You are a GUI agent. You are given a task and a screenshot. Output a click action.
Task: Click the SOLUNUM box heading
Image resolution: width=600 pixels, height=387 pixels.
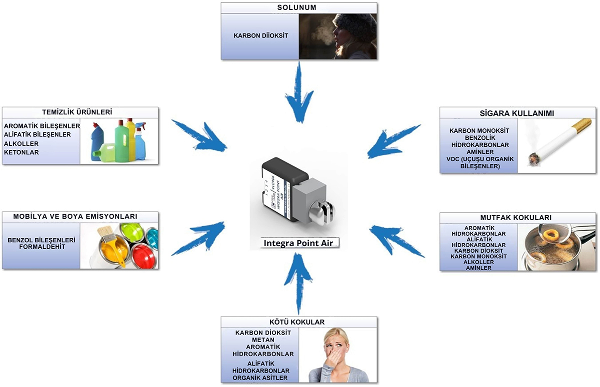(x=298, y=8)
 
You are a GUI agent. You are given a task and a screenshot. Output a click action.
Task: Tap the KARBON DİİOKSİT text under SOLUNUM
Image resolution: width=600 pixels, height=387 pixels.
(x=260, y=36)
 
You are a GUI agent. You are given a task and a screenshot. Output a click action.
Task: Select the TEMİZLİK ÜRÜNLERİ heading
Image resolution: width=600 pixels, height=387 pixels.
(x=80, y=112)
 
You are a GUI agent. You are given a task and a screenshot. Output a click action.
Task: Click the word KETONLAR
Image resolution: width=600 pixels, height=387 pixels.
(x=21, y=152)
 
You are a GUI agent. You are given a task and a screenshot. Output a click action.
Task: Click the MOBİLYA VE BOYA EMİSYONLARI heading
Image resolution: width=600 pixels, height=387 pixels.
(x=80, y=217)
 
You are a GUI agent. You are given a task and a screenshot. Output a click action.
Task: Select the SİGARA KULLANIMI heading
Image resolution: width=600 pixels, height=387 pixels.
(x=518, y=113)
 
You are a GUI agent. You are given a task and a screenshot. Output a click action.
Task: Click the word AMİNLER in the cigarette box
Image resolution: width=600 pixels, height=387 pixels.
(x=479, y=152)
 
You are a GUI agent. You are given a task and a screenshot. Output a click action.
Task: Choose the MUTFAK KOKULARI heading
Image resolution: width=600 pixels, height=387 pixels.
(x=518, y=218)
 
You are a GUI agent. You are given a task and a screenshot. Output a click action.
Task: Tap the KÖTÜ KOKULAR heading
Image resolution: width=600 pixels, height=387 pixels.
(x=299, y=322)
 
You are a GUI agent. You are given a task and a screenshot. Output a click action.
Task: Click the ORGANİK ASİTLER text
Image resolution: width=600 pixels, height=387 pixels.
(x=260, y=378)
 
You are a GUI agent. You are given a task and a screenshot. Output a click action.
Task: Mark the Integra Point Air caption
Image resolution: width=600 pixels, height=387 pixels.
(x=301, y=243)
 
